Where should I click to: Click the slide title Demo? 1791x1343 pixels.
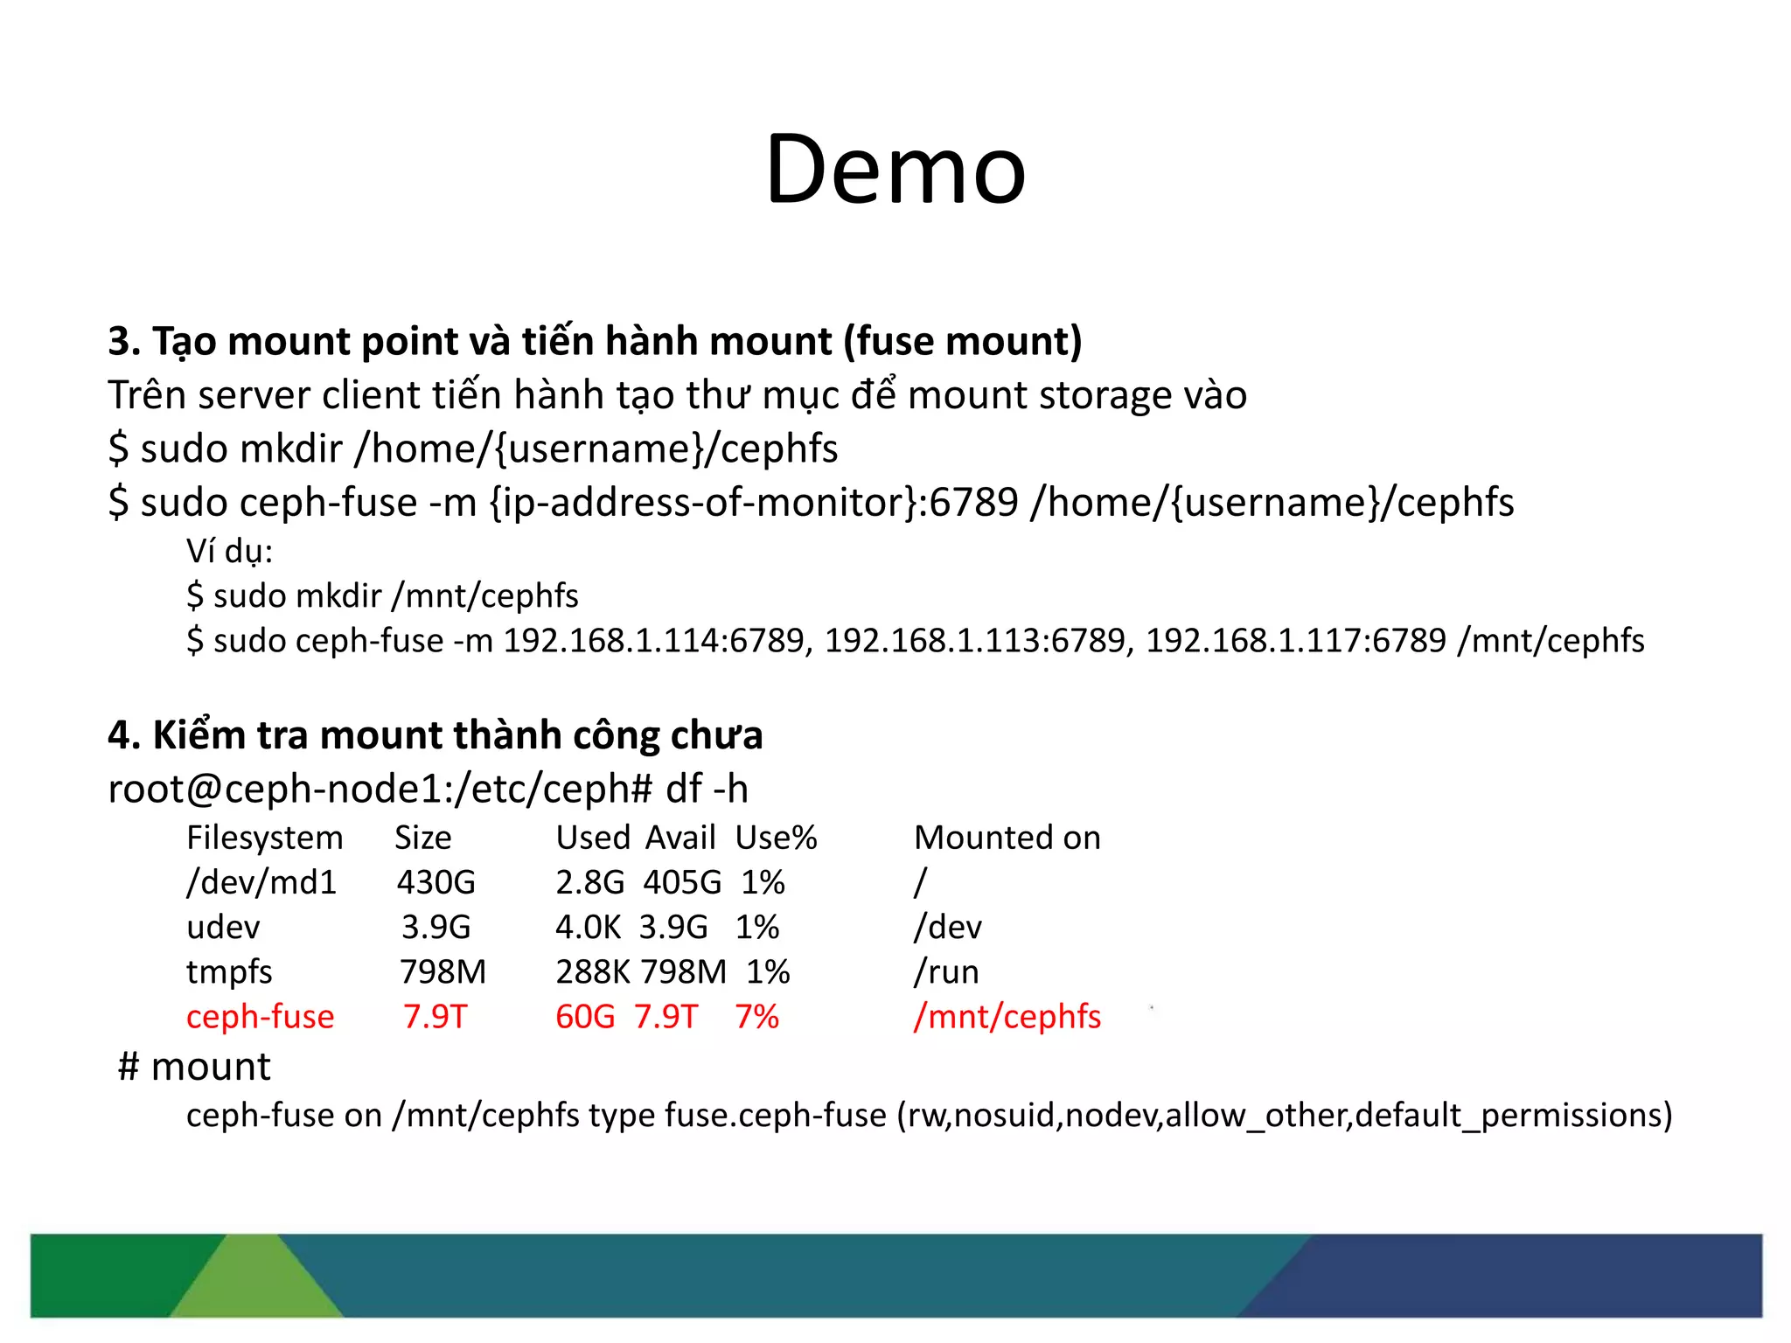pos(895,170)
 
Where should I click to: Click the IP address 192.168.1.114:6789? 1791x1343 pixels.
pos(658,641)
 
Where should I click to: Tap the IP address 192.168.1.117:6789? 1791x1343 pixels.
pos(1296,641)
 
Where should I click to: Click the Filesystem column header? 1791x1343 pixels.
pos(264,838)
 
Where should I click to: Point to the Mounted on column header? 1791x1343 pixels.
pos(1007,838)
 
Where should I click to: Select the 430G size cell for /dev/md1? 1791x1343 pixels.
pos(436,882)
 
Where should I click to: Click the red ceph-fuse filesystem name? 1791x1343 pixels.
pos(260,1017)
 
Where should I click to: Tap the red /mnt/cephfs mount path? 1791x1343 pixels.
pos(1007,1017)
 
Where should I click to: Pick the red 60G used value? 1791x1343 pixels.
pos(585,1017)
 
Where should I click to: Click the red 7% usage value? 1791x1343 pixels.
pos(756,1017)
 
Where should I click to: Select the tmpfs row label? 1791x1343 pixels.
pos(229,972)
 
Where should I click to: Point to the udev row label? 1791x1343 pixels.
pos(223,927)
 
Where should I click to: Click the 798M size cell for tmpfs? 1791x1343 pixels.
pos(443,972)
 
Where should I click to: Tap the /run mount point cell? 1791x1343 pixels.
pos(946,972)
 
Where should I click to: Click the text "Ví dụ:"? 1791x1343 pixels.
pos(229,552)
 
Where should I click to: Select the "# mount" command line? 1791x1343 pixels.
pos(194,1067)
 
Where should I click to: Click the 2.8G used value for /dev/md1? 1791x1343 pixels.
pos(589,882)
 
